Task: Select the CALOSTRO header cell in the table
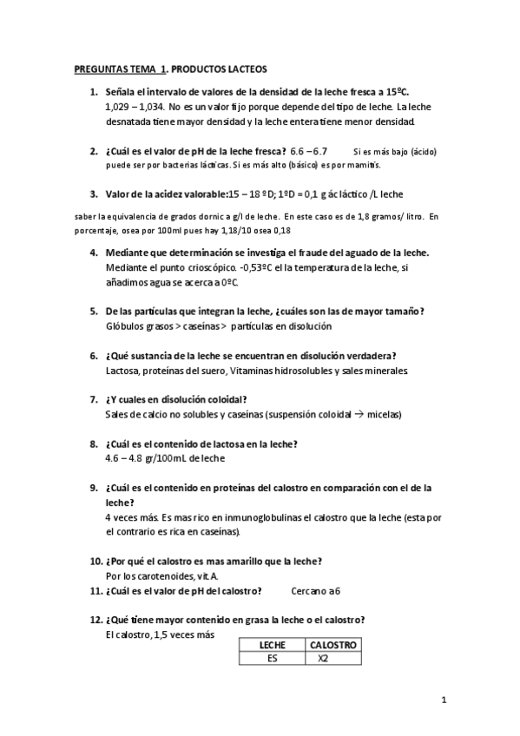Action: click(x=333, y=645)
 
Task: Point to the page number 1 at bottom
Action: click(x=444, y=699)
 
